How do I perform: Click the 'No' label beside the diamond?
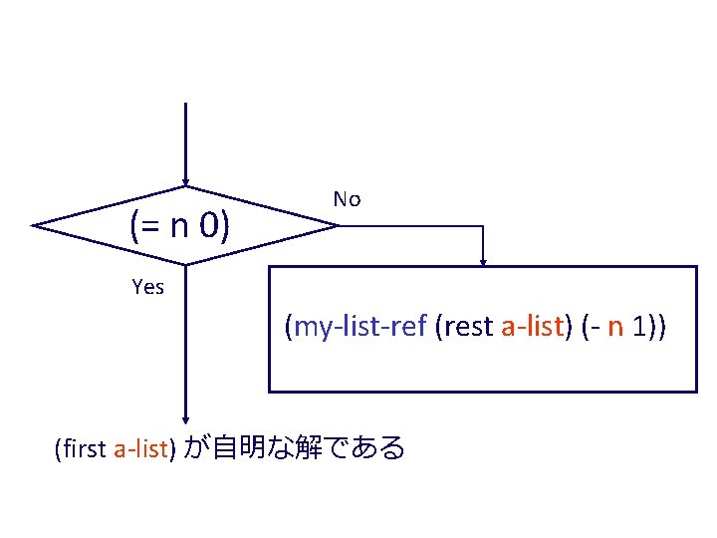(347, 199)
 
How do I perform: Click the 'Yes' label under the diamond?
(147, 288)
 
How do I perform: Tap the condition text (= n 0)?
(180, 228)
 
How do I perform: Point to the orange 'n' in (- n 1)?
(615, 327)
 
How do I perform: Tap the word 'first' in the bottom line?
(86, 449)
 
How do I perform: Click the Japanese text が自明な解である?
(296, 448)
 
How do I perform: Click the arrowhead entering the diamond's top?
(185, 182)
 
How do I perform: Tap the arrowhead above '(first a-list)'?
(185, 419)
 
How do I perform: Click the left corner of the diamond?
(33, 226)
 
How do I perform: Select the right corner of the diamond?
(339, 226)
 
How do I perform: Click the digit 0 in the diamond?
(209, 228)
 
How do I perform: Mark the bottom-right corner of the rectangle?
(695, 391)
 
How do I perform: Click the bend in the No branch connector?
(483, 226)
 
